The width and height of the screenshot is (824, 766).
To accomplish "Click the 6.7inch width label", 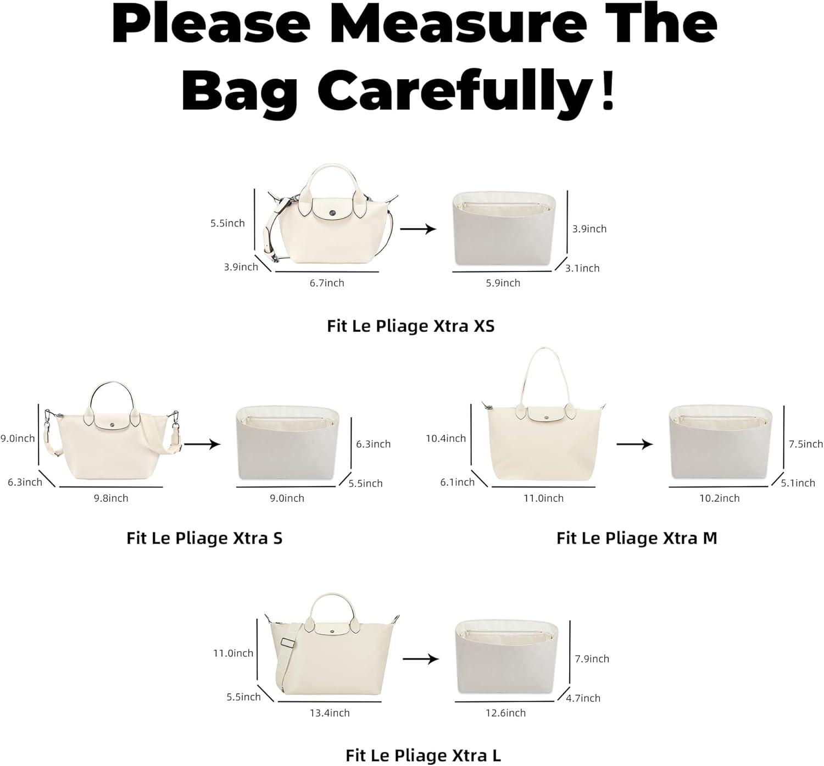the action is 327,283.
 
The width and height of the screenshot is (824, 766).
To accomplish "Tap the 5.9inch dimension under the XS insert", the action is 503,283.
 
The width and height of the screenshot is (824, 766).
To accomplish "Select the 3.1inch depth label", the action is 582,268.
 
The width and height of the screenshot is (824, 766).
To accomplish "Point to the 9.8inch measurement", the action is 111,498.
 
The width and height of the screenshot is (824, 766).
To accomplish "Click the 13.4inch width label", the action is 330,713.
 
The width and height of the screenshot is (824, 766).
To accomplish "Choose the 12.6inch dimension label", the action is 506,713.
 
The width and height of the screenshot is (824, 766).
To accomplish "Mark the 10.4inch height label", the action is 446,438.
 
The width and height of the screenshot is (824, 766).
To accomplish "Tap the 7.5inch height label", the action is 806,444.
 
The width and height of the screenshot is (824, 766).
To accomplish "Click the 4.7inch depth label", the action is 583,698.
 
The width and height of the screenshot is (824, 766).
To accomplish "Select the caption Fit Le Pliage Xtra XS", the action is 411,326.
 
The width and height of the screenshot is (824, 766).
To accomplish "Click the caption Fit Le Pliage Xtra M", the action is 637,538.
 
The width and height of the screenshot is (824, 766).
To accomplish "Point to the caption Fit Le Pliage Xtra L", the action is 423,755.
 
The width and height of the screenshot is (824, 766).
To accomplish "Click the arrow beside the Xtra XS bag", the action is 418,229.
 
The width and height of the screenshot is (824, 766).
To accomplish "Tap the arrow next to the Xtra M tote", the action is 635,444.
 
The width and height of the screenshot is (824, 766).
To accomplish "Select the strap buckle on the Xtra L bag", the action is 286,643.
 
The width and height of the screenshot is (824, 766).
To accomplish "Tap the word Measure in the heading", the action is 459,23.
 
